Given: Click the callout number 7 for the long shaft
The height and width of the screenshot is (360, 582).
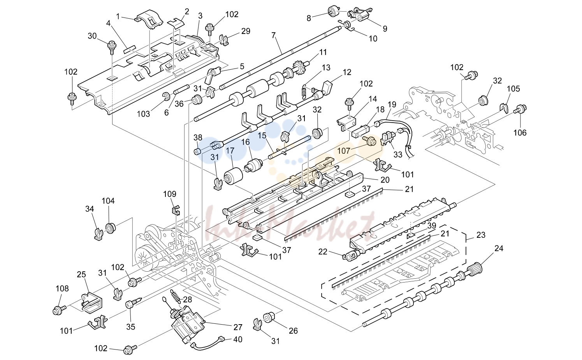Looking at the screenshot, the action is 273,35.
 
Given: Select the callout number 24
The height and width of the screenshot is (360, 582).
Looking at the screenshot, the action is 499,248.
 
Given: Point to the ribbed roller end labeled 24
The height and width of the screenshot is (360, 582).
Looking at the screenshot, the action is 475,269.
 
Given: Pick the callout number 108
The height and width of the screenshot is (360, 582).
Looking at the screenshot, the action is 62,288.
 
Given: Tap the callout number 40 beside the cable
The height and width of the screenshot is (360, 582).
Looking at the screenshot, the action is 238,339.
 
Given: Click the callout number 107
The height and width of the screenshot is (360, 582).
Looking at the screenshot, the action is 344,151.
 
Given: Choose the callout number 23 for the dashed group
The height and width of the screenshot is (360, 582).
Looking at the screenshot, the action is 481,235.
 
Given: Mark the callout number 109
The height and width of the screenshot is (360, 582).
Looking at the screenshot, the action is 170,194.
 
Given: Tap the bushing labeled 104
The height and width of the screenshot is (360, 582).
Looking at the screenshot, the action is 111,228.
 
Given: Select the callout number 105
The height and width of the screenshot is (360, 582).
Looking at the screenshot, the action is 513,89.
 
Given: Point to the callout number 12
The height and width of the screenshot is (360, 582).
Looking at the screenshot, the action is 347,72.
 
